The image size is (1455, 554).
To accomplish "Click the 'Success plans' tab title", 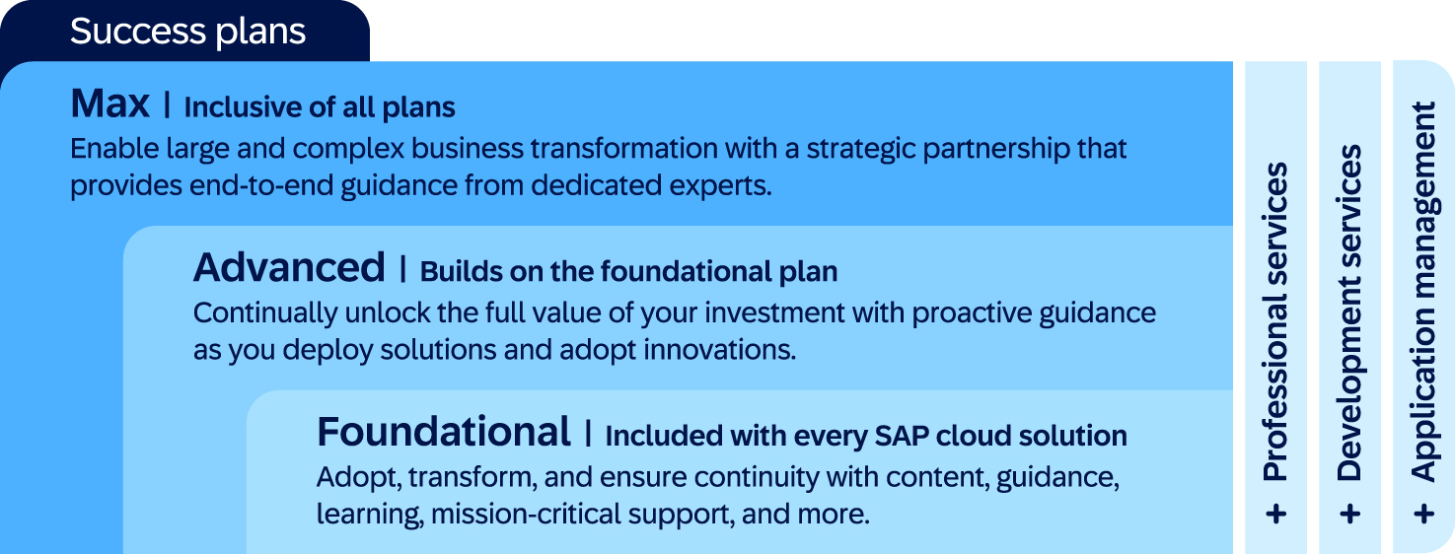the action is pos(187,32).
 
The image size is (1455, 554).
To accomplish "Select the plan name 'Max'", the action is pos(109,104).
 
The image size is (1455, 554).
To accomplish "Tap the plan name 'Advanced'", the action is pos(289,267).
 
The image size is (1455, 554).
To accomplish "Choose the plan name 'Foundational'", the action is pos(444,432).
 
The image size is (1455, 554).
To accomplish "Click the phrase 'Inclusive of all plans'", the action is pos(320,107).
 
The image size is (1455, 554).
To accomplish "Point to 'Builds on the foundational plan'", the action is pos(628,272).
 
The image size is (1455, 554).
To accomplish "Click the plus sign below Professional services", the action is pos(1275,515).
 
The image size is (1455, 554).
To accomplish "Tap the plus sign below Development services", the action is pos(1349,515).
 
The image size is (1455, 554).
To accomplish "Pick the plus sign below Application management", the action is pos(1423,515).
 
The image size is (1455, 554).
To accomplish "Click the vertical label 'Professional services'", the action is pos(1275,321).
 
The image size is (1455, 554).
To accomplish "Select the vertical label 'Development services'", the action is pos(1349,312).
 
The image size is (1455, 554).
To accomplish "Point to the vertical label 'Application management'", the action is pos(1423,291).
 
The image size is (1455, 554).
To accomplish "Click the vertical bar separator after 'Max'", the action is pos(167,105).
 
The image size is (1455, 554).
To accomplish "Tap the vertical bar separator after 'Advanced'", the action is pos(402,269).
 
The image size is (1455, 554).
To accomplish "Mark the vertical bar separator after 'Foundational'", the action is pos(588,434).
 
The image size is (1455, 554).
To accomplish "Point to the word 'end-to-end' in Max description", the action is pos(261,185).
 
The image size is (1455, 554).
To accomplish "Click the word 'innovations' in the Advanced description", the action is pos(719,350).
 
